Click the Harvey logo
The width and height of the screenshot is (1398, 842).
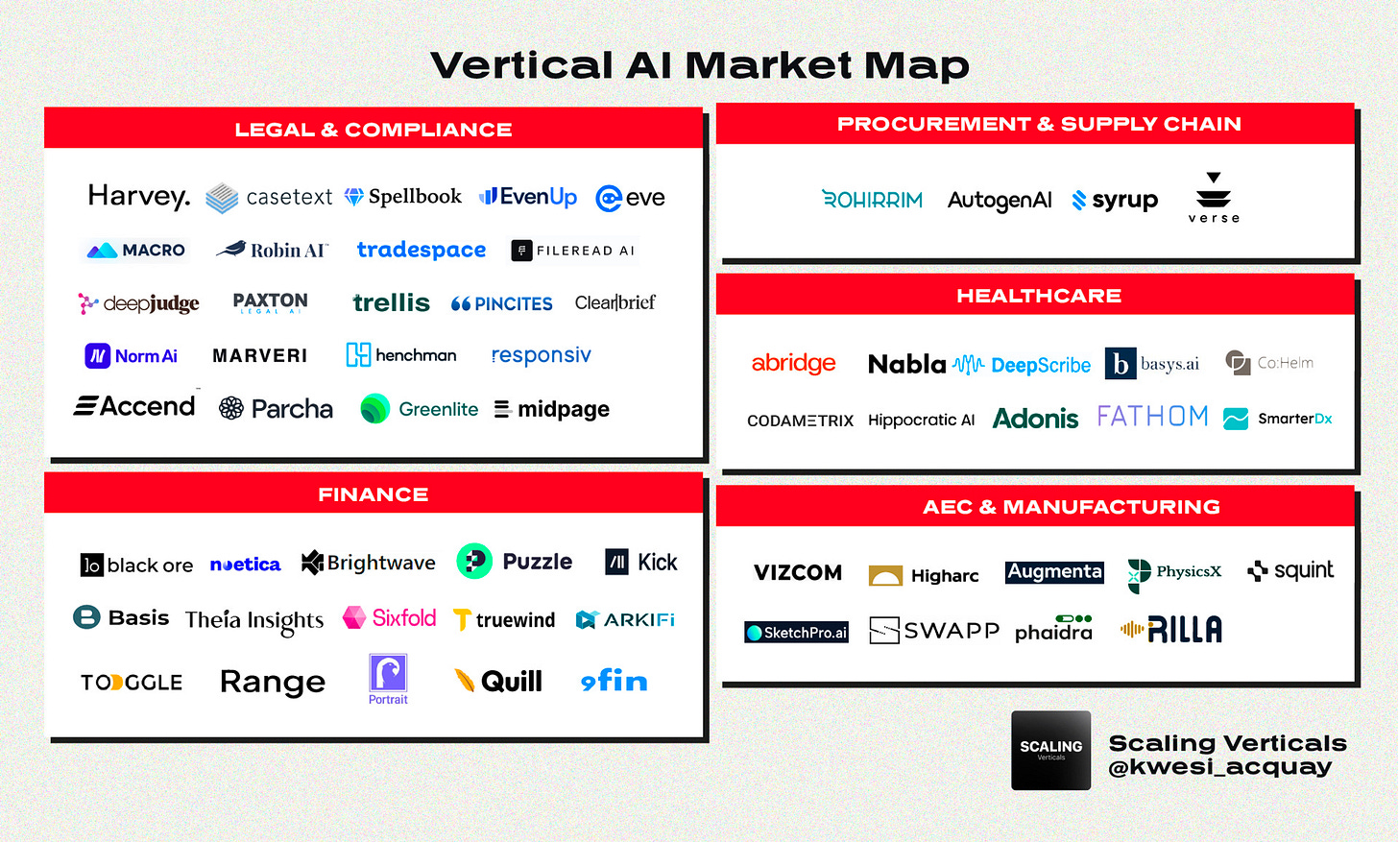coord(139,197)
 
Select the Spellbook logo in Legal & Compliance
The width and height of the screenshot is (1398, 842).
coord(403,197)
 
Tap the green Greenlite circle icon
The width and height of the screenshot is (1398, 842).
coord(374,409)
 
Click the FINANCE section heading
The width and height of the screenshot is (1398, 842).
coord(374,494)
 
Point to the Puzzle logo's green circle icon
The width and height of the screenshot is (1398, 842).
coord(474,562)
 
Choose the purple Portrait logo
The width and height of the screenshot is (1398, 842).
coord(388,678)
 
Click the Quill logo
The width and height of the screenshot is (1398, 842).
coord(498,682)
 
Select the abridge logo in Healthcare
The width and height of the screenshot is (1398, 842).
coord(793,363)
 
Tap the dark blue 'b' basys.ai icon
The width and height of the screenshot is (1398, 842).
coord(1121,364)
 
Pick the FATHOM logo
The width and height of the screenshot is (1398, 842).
coord(1152,417)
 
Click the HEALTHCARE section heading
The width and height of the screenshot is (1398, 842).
coord(1038,296)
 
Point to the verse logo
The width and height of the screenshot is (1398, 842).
coord(1214,198)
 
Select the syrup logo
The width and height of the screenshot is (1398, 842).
coord(1115,200)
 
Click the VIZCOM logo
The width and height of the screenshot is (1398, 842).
coord(798,573)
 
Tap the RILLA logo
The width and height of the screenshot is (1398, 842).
coord(1171,630)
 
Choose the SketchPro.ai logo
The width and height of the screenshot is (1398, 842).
coord(797,633)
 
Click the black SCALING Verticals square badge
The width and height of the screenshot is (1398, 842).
coord(1050,750)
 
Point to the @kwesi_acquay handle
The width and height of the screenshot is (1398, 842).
coord(1219,767)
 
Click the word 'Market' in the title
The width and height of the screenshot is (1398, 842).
coord(768,65)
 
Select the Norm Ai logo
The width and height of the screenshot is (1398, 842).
coord(132,356)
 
